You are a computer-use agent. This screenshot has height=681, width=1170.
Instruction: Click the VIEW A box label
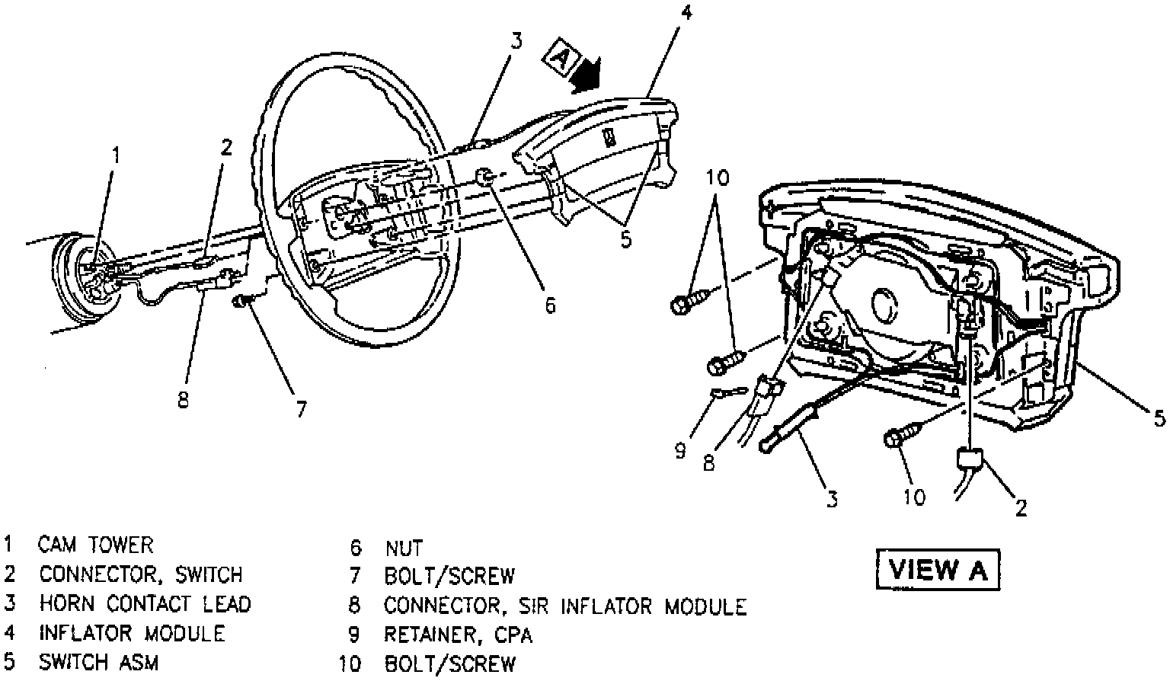937,569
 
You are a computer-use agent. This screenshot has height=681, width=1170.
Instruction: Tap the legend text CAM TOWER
96,545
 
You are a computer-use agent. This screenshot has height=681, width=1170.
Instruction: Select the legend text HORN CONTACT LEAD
145,604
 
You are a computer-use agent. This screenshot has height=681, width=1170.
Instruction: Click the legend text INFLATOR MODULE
132,633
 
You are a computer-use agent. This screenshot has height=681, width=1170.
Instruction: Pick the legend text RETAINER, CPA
458,634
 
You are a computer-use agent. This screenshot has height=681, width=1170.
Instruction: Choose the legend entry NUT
404,547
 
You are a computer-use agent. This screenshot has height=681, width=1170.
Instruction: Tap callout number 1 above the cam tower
116,155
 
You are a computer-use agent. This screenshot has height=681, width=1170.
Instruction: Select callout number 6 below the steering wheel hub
549,305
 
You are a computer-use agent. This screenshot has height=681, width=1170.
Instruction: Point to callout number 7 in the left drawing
302,409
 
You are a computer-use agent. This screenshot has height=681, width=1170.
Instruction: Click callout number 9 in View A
679,450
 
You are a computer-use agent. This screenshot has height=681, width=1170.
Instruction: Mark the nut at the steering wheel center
485,177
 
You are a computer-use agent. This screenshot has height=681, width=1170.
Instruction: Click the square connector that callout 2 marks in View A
970,459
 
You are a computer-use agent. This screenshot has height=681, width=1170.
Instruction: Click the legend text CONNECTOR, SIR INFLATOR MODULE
565,606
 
